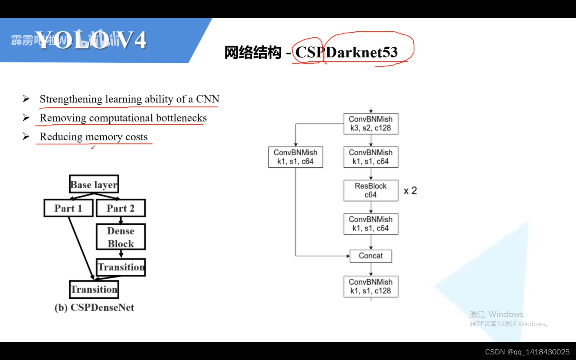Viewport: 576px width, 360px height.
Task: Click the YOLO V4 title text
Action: [x=91, y=40]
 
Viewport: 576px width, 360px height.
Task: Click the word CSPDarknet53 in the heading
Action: [x=346, y=52]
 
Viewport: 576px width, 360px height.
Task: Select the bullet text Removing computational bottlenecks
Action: [x=123, y=118]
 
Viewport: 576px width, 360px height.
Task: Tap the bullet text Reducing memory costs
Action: [x=94, y=137]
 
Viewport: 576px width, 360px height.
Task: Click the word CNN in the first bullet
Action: [x=208, y=99]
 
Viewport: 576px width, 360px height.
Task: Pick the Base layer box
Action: [x=94, y=184]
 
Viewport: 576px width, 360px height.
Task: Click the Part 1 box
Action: [x=68, y=208]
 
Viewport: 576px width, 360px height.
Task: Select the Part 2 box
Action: [x=121, y=208]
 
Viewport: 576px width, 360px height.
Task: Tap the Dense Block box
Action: [x=121, y=237]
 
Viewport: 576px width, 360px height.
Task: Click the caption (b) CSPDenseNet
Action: [x=94, y=308]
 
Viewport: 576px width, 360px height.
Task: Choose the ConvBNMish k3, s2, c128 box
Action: [x=371, y=124]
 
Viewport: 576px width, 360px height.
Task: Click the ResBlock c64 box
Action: [x=371, y=190]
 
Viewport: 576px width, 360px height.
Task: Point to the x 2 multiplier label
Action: [x=410, y=191]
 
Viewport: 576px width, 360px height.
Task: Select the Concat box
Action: [x=371, y=256]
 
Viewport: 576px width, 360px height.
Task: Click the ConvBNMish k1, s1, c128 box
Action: [x=371, y=286]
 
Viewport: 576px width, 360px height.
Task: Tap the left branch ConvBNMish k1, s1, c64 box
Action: [x=296, y=157]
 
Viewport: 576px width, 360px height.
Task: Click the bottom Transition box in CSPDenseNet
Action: [x=94, y=289]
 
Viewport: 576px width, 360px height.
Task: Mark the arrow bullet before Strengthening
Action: [x=26, y=99]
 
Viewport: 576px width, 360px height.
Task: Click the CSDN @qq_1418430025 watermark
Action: [x=527, y=352]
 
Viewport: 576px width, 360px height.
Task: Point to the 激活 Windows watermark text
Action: [x=496, y=314]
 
